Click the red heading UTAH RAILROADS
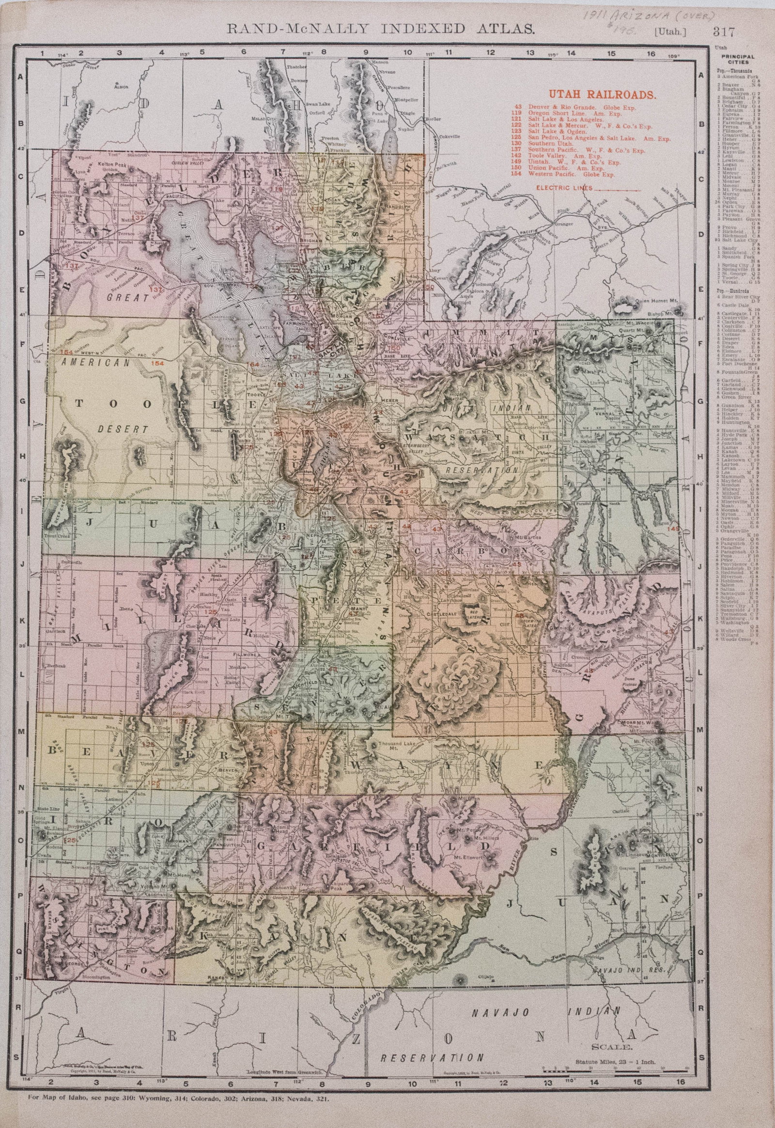[x=602, y=95]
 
